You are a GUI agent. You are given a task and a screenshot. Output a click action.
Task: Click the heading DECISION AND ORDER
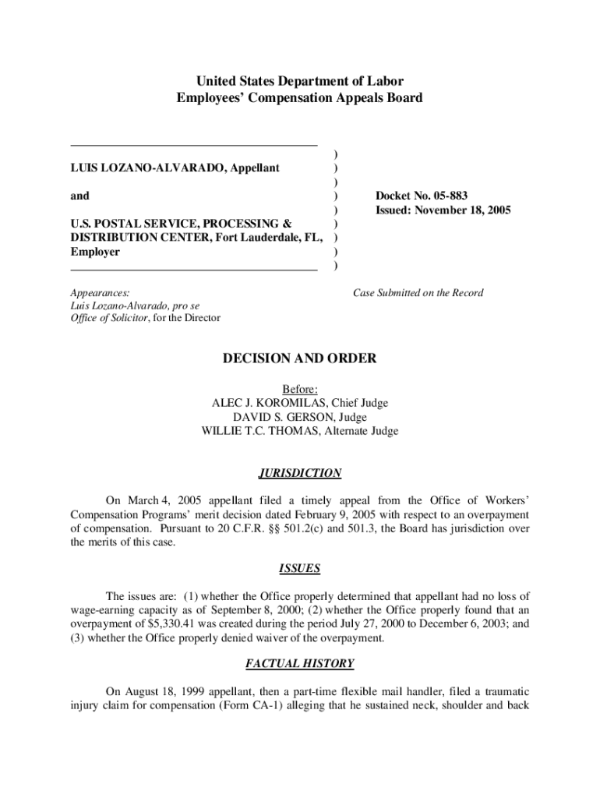300,358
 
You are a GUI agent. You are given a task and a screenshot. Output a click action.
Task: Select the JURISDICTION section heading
300,473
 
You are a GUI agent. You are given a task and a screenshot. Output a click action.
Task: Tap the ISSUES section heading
300,568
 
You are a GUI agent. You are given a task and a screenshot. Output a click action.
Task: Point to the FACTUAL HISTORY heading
300,664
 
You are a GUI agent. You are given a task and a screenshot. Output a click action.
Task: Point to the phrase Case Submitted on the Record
418,293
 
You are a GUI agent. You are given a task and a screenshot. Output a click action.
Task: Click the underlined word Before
300,389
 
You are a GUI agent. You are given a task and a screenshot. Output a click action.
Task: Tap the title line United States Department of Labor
300,81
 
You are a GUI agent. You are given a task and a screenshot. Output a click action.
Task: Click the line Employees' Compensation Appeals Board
300,98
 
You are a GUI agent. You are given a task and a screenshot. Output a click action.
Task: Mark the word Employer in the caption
95,252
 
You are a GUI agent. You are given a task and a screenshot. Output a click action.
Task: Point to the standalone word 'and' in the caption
79,196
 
